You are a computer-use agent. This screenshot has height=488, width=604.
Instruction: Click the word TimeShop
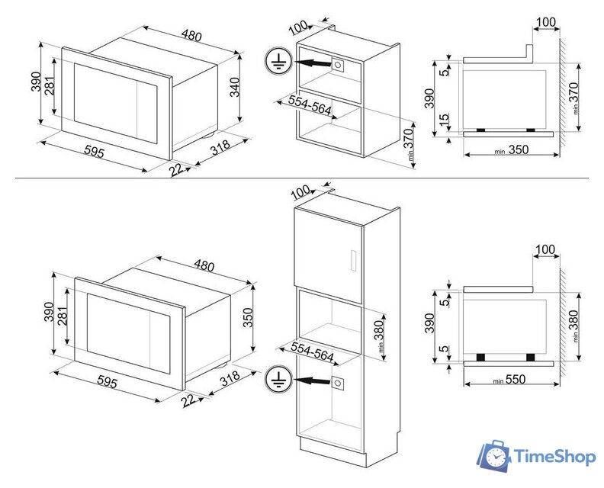pyautogui.click(x=556, y=457)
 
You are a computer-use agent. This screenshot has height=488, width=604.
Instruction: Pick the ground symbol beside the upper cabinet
pyautogui.click(x=278, y=61)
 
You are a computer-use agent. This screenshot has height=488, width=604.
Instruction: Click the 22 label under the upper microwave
pyautogui.click(x=177, y=169)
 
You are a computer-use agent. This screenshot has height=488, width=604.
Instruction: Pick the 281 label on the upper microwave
pyautogui.click(x=50, y=87)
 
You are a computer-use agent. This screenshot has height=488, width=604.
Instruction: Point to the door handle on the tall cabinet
pyautogui.click(x=352, y=259)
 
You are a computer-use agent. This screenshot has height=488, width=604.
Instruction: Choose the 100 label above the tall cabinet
pyautogui.click(x=301, y=190)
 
